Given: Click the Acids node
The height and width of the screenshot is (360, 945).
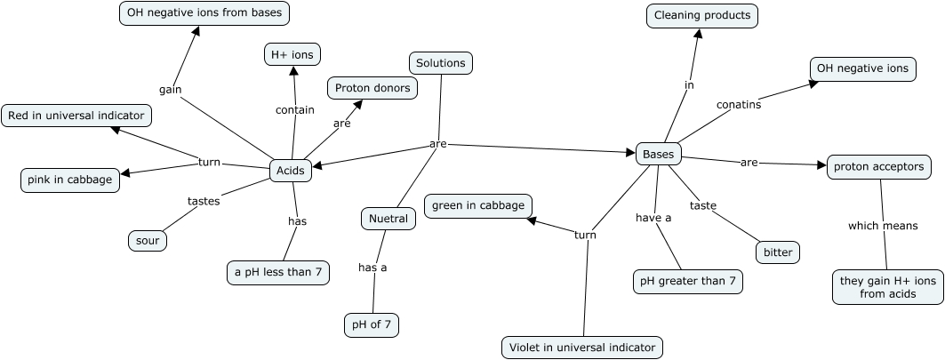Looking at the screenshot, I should coord(291,171).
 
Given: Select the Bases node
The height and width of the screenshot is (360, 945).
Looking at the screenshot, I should coord(659,154).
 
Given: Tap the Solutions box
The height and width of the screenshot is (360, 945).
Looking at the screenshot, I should coord(441,63).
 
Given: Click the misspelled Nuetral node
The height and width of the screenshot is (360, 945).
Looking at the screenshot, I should coord(388,219).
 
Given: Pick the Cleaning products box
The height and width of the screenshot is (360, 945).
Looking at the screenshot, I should coord(702,15).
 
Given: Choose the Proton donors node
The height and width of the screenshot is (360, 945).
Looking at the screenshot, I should coord(372,88).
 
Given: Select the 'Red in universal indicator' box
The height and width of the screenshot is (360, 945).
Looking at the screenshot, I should coord(76,116).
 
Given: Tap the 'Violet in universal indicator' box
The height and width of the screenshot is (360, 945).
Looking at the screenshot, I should coord(582,348).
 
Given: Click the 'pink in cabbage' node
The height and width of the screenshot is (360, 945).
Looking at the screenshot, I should coord(70,180).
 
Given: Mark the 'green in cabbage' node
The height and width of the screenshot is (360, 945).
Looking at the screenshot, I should coord(479,206).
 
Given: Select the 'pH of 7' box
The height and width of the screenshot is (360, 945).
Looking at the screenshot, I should coord(372,325).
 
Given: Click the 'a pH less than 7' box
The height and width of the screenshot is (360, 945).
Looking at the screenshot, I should coord(278,272).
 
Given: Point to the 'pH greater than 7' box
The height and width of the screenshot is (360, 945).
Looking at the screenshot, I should coord(688,282).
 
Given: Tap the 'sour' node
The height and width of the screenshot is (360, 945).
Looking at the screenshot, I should coord(148,240).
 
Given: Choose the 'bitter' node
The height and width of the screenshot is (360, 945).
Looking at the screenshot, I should coord(777,252).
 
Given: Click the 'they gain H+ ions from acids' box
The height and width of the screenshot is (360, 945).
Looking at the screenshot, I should coord(888,287).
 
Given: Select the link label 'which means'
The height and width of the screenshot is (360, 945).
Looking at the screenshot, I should coord(882,226).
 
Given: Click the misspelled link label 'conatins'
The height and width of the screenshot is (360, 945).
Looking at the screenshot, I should coord(739,104).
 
